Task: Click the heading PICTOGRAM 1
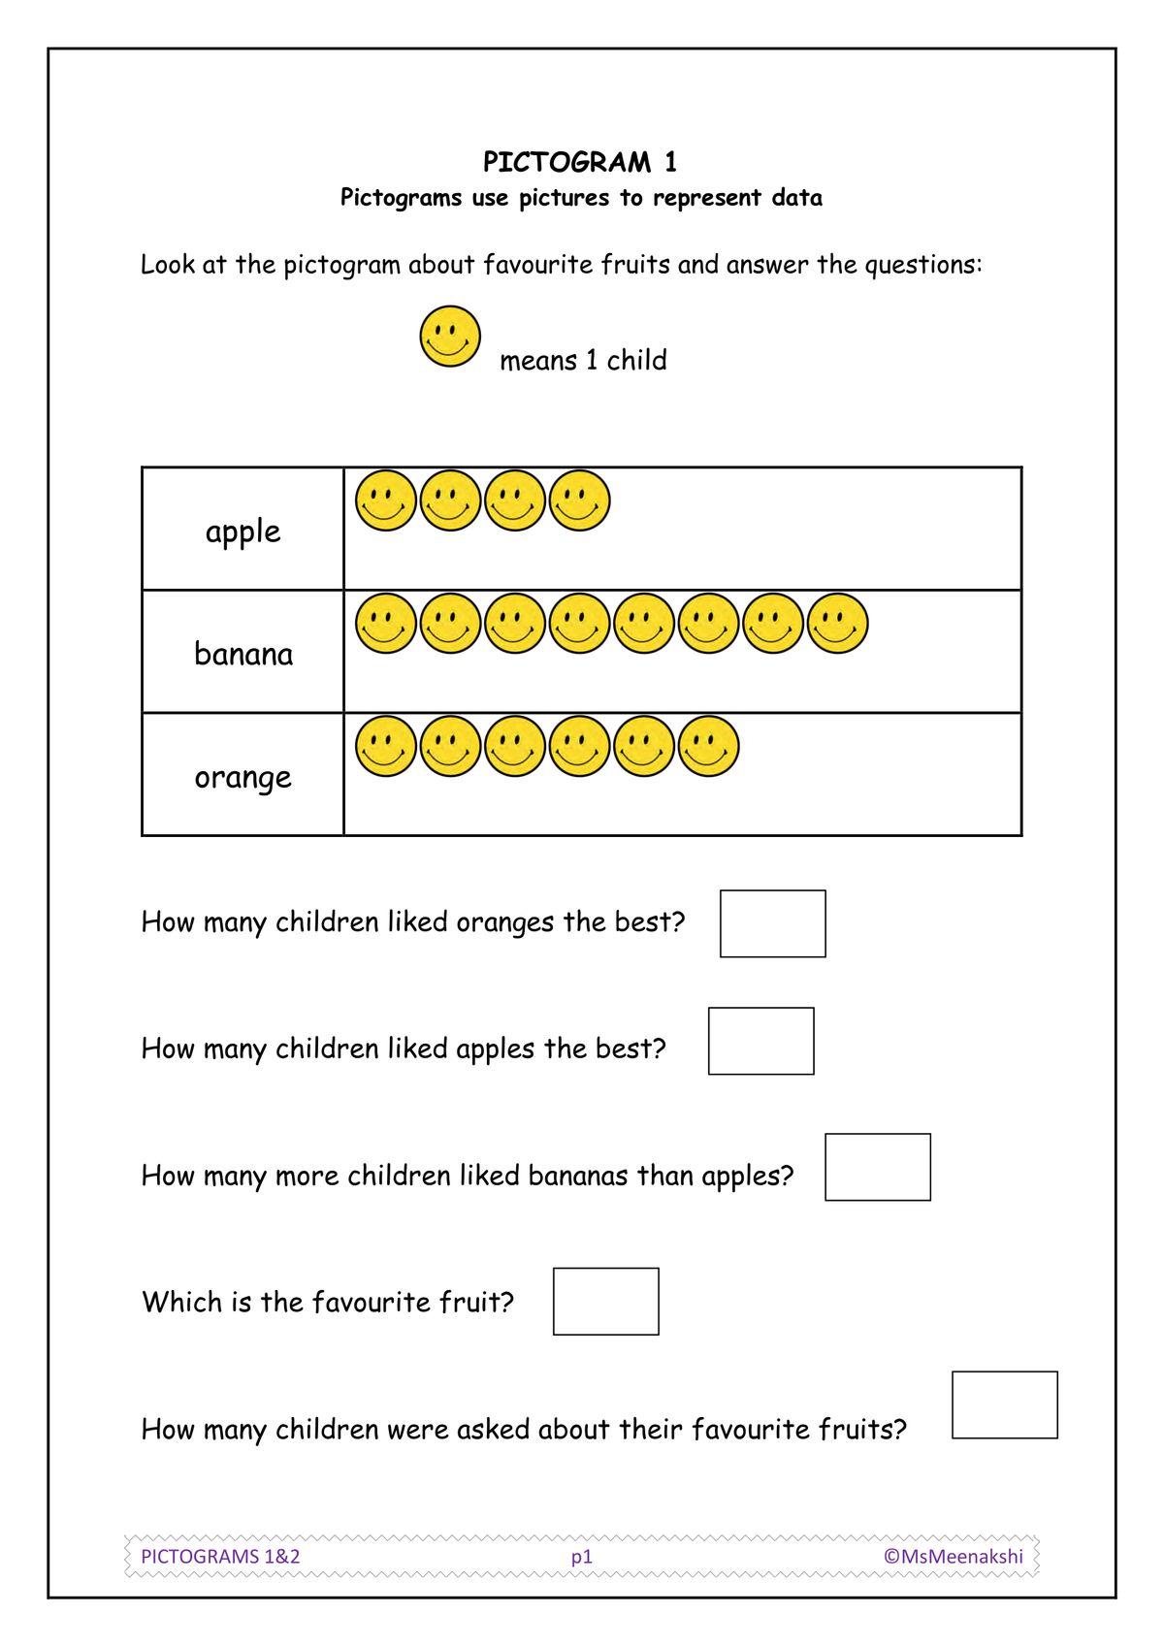click(580, 161)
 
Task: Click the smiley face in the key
click(450, 338)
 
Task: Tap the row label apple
click(242, 531)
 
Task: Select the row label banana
click(243, 654)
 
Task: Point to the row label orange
click(242, 777)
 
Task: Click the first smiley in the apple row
click(386, 500)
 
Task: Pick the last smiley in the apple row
click(580, 500)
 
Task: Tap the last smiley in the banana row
click(838, 624)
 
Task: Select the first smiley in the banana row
click(386, 624)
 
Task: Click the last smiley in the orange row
click(709, 747)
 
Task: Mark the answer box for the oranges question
click(773, 923)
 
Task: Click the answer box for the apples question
click(761, 1041)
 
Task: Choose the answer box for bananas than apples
click(878, 1167)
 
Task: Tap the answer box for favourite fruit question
click(606, 1301)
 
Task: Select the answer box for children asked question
click(1005, 1404)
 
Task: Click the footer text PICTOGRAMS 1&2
click(221, 1556)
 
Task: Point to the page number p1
click(582, 1557)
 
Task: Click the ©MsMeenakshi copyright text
click(954, 1556)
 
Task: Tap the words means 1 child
click(583, 361)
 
